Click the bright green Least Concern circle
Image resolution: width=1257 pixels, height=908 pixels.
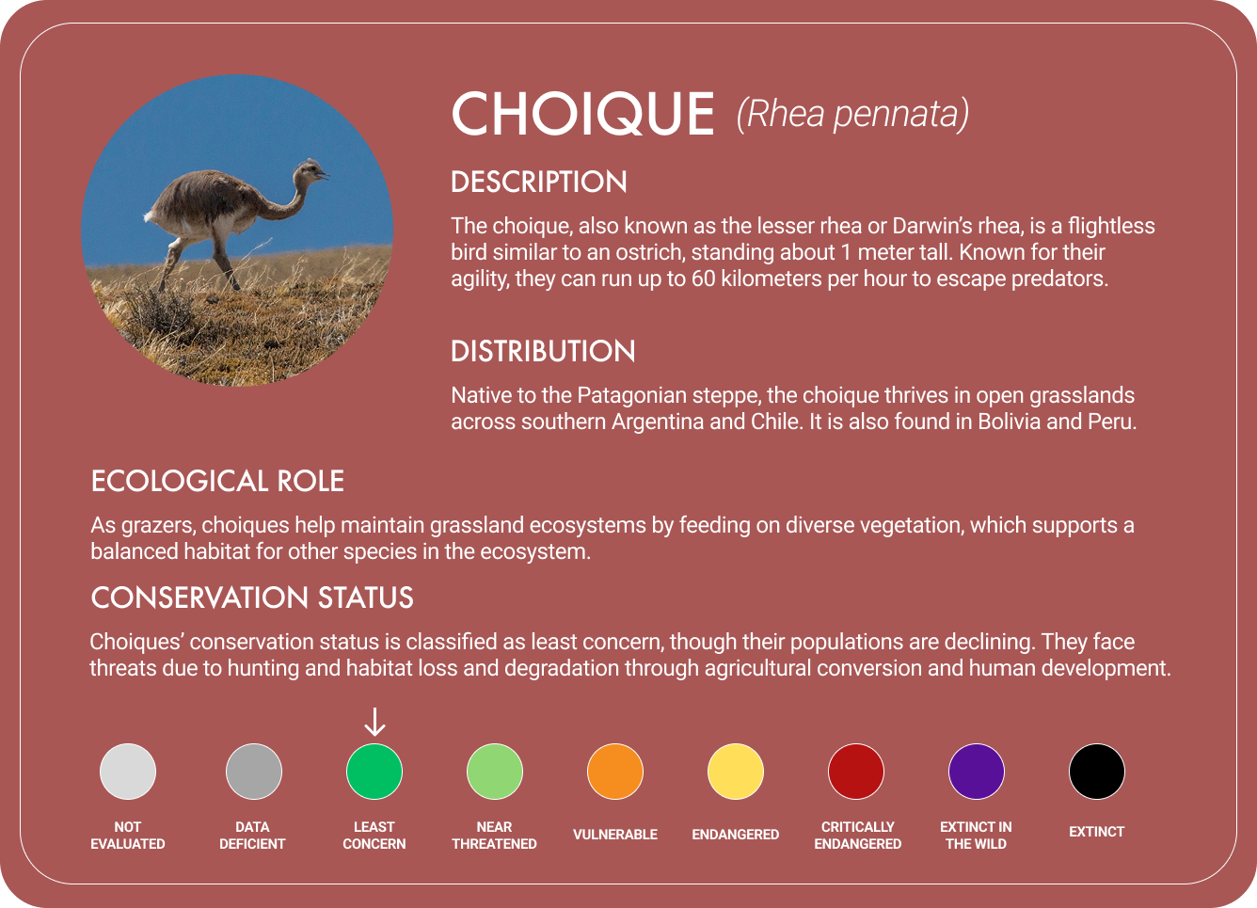point(374,772)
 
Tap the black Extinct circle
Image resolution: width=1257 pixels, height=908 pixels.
point(1097,772)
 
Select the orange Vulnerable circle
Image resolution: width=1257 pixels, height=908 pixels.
point(615,772)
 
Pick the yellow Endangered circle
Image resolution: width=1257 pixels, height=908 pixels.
point(736,772)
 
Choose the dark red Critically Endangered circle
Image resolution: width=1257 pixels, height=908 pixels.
point(856,772)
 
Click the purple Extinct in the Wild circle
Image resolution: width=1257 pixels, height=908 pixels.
point(977,772)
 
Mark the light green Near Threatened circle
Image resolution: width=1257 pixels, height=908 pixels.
point(495,772)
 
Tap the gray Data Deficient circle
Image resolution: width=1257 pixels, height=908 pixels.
point(254,772)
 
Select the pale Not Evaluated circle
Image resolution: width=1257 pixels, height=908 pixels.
point(128,772)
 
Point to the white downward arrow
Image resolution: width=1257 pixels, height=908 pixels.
point(374,722)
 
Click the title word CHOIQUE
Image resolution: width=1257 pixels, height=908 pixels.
point(583,115)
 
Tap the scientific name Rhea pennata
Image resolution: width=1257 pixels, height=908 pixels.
point(852,114)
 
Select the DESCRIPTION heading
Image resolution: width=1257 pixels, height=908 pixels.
point(539,182)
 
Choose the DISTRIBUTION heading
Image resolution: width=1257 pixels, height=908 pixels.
point(543,351)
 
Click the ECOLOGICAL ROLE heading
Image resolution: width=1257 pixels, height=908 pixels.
point(217,481)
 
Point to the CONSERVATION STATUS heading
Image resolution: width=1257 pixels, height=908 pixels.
point(252,597)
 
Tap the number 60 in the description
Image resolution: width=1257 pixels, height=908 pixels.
point(704,279)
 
